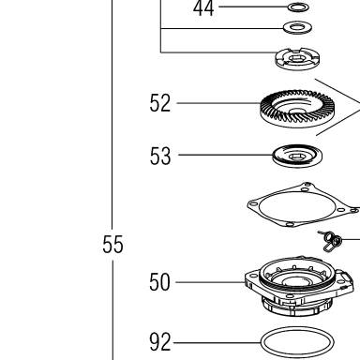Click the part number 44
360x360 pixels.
[203, 8]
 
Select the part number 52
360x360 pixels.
[160, 103]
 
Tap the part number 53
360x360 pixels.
[160, 156]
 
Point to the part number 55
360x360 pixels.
[112, 244]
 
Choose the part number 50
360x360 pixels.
[159, 282]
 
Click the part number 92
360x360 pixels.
[160, 342]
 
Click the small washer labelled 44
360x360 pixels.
[298, 7]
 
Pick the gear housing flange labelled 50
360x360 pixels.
[299, 286]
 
